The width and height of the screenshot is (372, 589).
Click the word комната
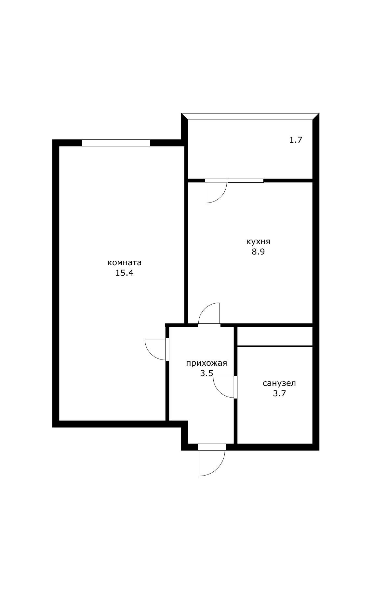click(x=125, y=263)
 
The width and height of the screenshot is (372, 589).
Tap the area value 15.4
click(x=125, y=273)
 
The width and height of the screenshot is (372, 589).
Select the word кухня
click(x=258, y=242)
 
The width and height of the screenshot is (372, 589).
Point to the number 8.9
click(x=258, y=252)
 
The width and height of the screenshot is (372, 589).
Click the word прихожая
click(x=206, y=363)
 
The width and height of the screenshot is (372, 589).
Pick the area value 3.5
click(x=206, y=373)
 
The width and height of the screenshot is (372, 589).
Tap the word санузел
click(x=279, y=384)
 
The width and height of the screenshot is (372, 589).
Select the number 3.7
click(x=279, y=394)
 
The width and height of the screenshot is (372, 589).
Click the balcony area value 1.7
click(x=296, y=140)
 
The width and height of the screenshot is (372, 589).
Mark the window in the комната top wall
click(x=116, y=143)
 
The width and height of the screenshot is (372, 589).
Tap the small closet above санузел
click(x=275, y=336)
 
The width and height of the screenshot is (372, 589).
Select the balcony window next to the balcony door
click(x=246, y=181)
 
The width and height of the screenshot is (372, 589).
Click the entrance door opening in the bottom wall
click(x=212, y=447)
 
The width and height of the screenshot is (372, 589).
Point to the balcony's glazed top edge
click(x=250, y=116)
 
